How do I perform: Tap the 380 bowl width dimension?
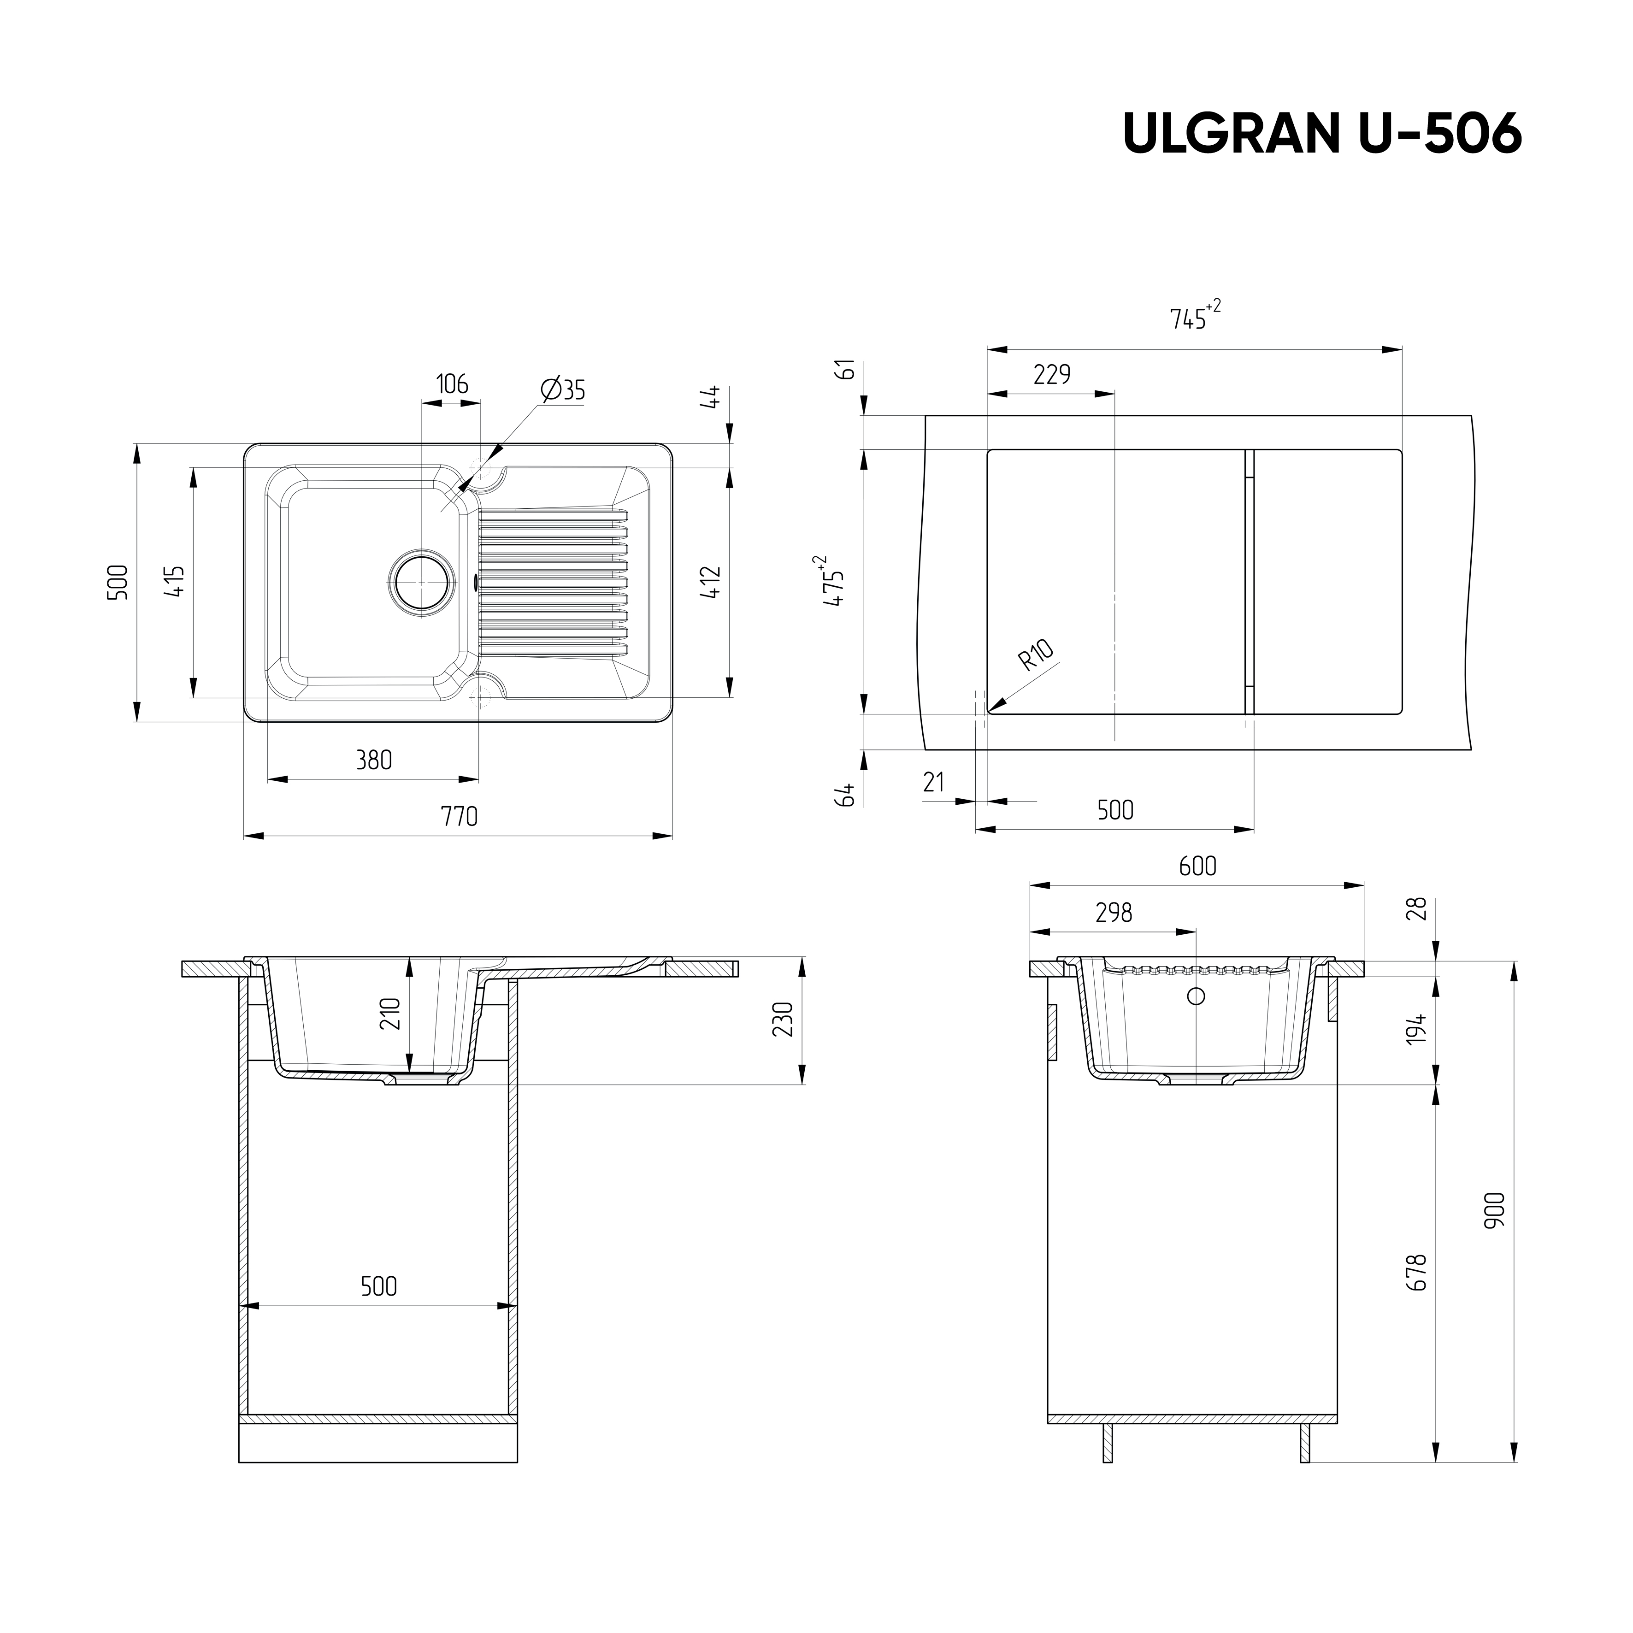pos(374,760)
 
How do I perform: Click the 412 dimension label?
pos(712,582)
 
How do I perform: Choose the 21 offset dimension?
pos(933,782)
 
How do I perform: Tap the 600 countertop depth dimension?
pos(1198,866)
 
